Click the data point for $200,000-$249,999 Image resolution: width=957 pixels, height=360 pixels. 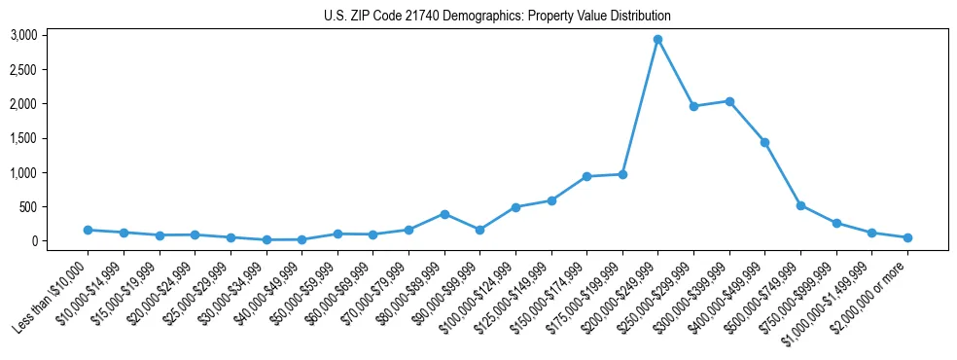[658, 39]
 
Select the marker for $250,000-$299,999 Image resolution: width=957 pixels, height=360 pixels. [693, 106]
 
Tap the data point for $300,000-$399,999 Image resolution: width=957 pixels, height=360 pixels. [729, 101]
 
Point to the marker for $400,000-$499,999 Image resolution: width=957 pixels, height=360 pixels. [765, 142]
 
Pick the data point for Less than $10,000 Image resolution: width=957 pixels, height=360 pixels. [88, 230]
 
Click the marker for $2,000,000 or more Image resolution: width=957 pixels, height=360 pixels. [907, 237]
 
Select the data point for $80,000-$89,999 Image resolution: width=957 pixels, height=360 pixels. [444, 214]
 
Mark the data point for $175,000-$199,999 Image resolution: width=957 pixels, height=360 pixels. [622, 174]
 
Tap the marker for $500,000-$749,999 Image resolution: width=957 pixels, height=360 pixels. [800, 205]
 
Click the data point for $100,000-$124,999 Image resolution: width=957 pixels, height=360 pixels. [515, 207]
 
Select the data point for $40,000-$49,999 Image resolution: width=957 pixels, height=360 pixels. [301, 239]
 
